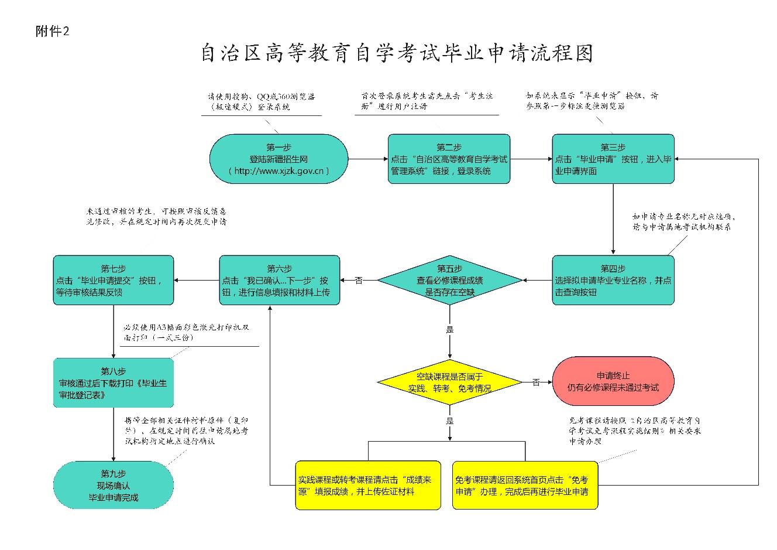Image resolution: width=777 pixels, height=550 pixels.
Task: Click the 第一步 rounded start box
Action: tap(279, 159)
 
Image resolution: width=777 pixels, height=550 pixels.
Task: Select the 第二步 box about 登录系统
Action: tap(449, 159)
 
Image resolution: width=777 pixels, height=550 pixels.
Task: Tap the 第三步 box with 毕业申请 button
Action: tap(613, 159)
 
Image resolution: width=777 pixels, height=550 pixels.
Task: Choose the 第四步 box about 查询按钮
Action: tap(613, 280)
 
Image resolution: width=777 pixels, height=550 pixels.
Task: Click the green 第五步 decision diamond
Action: tap(449, 280)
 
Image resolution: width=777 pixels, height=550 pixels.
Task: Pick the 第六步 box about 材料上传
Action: tap(279, 280)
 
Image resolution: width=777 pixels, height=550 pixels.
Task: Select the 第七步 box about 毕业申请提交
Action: tap(114, 280)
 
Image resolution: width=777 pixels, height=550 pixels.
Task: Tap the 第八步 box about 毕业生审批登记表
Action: tap(114, 383)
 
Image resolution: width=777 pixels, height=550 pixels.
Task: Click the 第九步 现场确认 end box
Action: tap(114, 486)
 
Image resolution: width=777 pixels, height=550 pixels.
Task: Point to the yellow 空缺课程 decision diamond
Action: tap(449, 382)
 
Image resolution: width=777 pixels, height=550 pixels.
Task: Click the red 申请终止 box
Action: tap(613, 381)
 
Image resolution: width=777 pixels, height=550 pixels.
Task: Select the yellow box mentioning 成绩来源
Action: tap(368, 486)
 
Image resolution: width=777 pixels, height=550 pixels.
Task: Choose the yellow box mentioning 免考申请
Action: tap(525, 486)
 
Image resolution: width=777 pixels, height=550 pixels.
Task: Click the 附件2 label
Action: tap(52, 32)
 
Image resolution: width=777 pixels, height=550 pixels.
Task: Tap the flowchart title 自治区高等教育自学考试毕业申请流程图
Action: tap(397, 53)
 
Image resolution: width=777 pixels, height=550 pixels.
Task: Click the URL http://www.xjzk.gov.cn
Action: tap(279, 171)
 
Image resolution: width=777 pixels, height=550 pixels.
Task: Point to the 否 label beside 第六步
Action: tap(359, 281)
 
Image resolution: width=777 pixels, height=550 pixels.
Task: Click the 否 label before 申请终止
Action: tap(536, 382)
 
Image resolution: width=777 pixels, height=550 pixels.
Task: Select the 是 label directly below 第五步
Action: tap(449, 330)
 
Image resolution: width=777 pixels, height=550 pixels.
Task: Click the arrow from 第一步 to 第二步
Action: tap(368, 159)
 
